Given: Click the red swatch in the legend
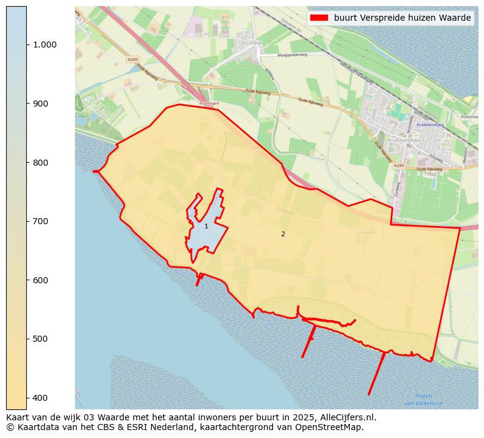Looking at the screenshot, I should click(319, 18).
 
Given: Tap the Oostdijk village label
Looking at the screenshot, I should click(252, 43).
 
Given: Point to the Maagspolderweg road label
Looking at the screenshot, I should click(293, 55).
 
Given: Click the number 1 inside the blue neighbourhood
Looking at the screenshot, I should click(206, 227).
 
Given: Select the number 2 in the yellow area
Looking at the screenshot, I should click(283, 234).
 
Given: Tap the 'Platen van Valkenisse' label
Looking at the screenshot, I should click(424, 400).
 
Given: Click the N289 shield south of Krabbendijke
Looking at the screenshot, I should click(399, 166).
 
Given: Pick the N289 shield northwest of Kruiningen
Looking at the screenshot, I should click(133, 59).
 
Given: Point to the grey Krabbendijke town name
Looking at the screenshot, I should click(402, 140).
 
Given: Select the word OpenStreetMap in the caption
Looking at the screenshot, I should click(333, 427).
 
